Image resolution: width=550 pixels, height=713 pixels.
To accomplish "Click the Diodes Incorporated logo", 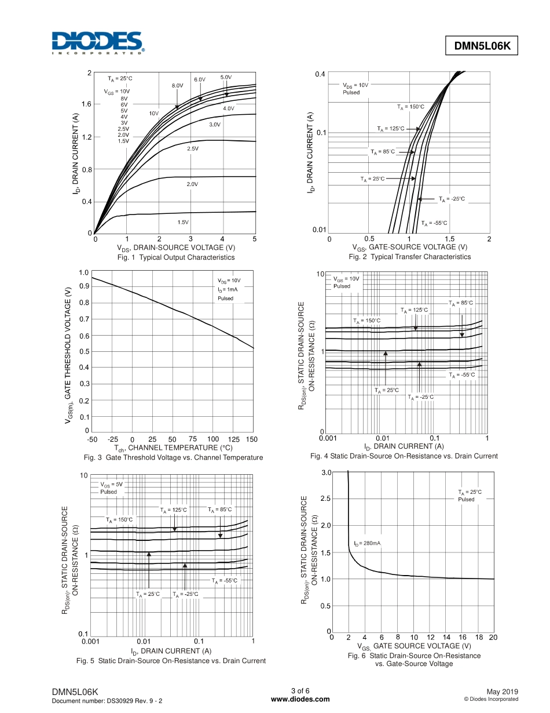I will [x=97, y=43].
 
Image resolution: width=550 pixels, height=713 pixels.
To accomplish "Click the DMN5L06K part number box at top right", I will [x=481, y=46].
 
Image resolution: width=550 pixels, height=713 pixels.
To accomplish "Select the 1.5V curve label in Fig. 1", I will [x=183, y=222].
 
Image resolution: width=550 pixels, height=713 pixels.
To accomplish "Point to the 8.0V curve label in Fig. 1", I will [x=177, y=85].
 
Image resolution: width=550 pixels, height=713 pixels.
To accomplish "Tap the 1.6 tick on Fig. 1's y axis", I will [x=86, y=104].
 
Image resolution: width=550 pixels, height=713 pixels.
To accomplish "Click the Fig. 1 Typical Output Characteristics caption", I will [x=176, y=257].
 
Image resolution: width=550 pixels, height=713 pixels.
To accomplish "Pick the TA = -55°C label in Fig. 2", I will [x=434, y=223].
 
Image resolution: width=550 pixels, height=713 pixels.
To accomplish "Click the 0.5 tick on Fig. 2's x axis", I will [x=369, y=239].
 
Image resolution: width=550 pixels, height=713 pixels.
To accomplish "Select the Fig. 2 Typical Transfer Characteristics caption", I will [x=409, y=257].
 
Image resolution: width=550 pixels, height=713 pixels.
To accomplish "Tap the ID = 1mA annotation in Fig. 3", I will [x=228, y=289].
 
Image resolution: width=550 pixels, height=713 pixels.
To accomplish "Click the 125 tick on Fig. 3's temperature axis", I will [x=234, y=439].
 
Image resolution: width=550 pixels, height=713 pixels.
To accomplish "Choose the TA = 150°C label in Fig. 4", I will [x=366, y=321].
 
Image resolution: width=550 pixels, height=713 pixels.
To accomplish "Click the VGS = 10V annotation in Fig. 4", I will [x=346, y=279].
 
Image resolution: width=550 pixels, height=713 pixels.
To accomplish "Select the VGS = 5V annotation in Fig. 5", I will [x=111, y=484].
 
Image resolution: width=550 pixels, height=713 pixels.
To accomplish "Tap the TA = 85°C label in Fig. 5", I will [x=220, y=510].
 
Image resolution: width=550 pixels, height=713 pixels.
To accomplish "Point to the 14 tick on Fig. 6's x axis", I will [x=446, y=637].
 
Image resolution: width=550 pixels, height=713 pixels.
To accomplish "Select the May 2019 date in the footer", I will [x=502, y=692].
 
